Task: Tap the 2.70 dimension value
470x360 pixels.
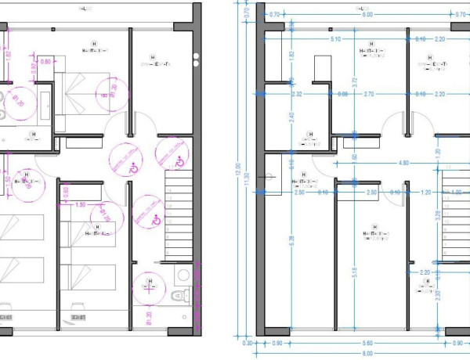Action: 369,94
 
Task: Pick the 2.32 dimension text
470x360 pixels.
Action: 296,94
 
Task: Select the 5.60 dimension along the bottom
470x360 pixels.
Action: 367,343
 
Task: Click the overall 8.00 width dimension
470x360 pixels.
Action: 367,354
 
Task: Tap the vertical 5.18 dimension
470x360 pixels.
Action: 356,272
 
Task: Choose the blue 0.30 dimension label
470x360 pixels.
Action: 248,343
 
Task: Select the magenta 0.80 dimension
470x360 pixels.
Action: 45,61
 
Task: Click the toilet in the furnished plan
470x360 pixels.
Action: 179,293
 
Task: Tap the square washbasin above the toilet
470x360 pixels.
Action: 182,275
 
